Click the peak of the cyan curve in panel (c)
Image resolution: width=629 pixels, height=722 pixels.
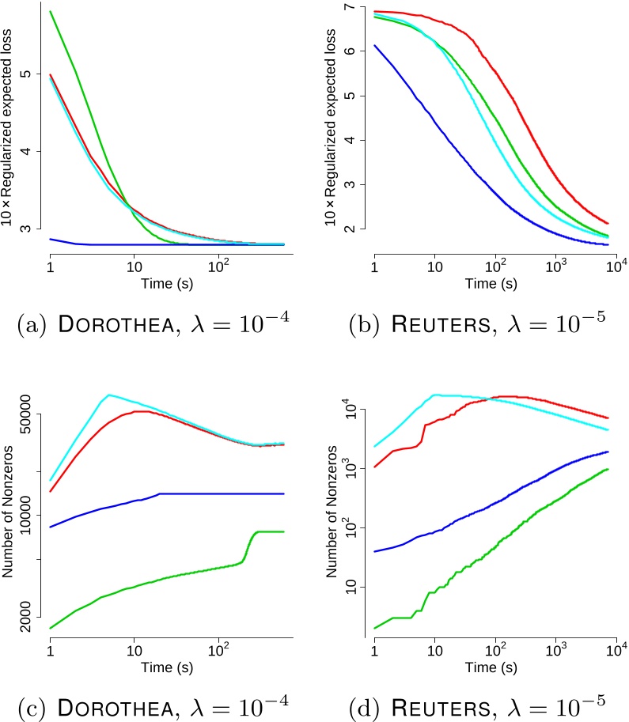click(109, 395)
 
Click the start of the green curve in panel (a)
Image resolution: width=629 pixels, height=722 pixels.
click(51, 12)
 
